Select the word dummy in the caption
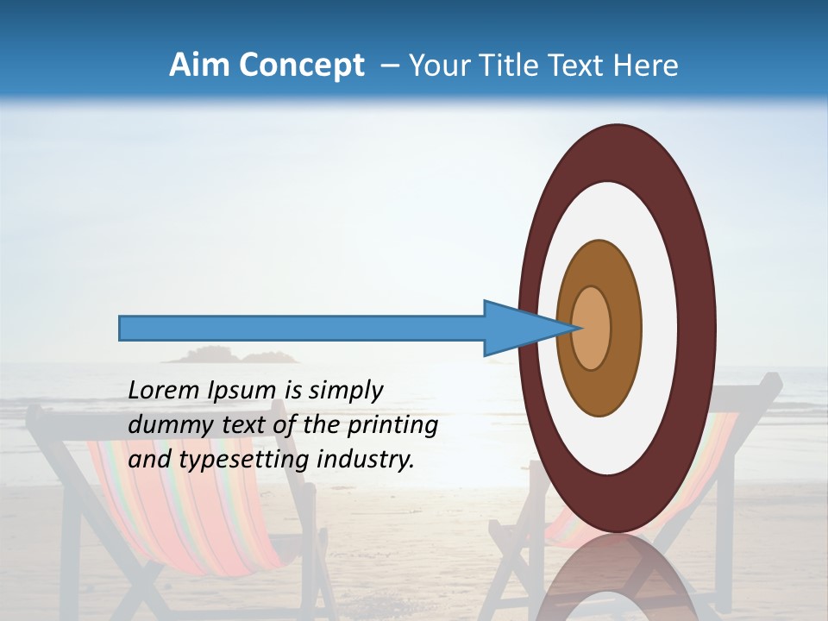click(x=164, y=425)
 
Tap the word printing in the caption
click(x=392, y=425)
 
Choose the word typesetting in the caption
click(x=245, y=460)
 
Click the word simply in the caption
click(x=346, y=391)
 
